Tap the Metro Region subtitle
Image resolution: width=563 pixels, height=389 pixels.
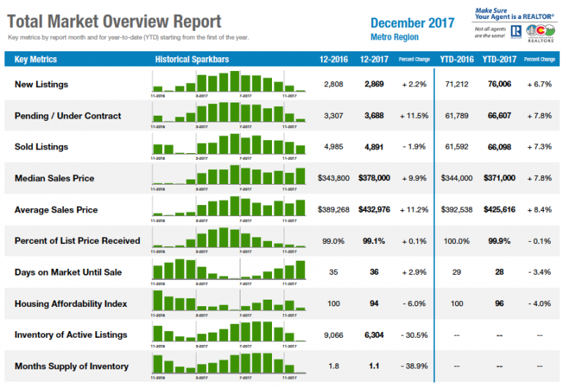click(394, 37)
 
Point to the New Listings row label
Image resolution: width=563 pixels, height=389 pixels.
click(41, 84)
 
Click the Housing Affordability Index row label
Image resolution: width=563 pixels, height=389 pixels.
click(70, 303)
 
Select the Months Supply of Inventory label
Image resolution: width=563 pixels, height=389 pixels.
click(71, 366)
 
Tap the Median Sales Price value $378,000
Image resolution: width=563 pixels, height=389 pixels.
click(374, 178)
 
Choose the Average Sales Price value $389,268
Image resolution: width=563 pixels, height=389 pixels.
click(334, 210)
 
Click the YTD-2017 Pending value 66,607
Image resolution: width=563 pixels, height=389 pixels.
click(498, 116)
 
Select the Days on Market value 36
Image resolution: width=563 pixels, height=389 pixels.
click(374, 272)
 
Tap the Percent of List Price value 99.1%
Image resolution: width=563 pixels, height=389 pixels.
click(374, 241)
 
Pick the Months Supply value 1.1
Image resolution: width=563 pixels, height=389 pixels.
click(374, 366)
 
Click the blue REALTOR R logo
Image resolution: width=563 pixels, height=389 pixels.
click(515, 31)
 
